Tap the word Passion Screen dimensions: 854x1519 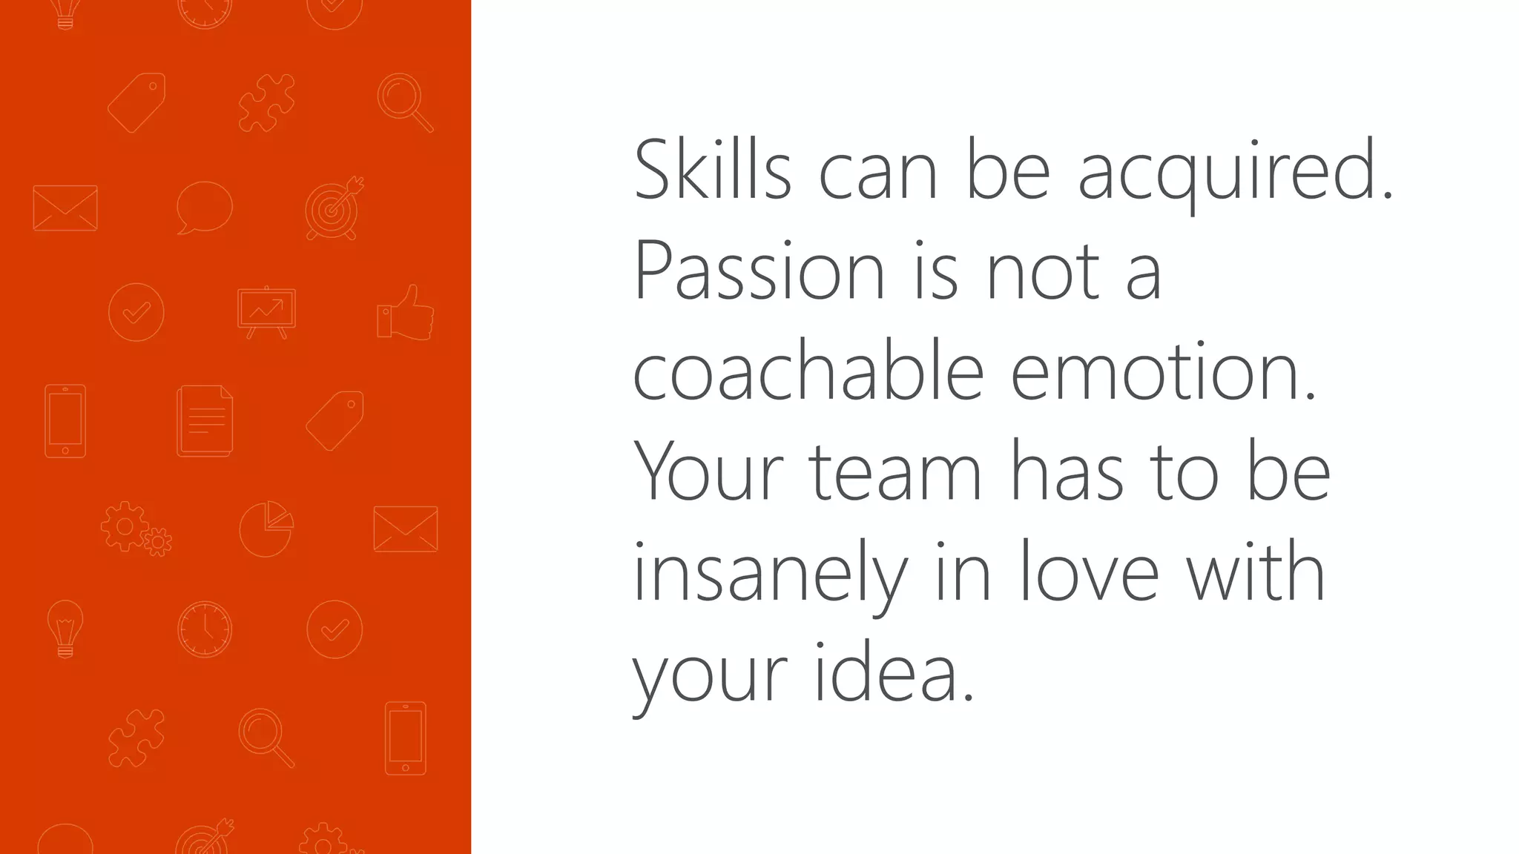(759, 271)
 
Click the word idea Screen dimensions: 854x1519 (894, 672)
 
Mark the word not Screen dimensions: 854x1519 (1043, 271)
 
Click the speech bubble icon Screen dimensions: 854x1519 (204, 208)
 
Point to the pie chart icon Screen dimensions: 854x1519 (266, 529)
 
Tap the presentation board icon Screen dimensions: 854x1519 (266, 312)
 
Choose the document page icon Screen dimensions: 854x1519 (205, 420)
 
